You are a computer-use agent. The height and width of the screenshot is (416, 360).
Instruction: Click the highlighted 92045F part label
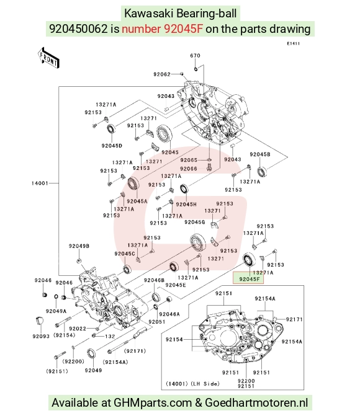pyautogui.click(x=249, y=279)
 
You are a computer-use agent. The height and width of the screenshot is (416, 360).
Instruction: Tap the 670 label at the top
pyautogui.click(x=195, y=55)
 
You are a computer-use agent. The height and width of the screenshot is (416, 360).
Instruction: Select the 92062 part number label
pyautogui.click(x=162, y=74)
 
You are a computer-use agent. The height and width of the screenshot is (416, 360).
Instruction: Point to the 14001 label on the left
pyautogui.click(x=40, y=183)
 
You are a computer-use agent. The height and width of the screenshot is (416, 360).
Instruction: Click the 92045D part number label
pyautogui.click(x=112, y=146)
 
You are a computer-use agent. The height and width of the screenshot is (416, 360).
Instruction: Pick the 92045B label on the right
pyautogui.click(x=260, y=154)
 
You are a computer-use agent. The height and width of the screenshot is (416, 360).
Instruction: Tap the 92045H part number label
pyautogui.click(x=186, y=205)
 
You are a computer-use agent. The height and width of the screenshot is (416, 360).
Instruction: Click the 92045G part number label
pyautogui.click(x=195, y=222)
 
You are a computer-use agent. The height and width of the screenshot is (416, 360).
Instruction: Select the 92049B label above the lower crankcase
pyautogui.click(x=79, y=246)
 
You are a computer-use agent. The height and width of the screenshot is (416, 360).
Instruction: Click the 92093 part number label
pyautogui.click(x=41, y=336)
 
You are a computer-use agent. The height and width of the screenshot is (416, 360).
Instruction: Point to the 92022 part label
pyautogui.click(x=78, y=329)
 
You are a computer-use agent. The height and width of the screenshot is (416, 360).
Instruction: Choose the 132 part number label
pyautogui.click(x=110, y=336)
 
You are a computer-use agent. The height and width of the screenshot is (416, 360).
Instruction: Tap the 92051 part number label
pyautogui.click(x=157, y=322)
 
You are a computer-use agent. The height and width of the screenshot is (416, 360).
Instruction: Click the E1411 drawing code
pyautogui.click(x=294, y=43)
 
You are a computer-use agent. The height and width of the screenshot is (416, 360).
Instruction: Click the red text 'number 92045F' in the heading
pyautogui.click(x=163, y=29)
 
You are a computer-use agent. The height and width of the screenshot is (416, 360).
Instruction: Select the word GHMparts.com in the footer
pyautogui.click(x=153, y=403)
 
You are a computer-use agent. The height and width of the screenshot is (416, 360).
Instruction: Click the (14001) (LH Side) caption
pyautogui.click(x=193, y=384)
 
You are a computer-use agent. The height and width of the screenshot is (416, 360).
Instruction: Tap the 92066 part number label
pyautogui.click(x=189, y=169)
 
